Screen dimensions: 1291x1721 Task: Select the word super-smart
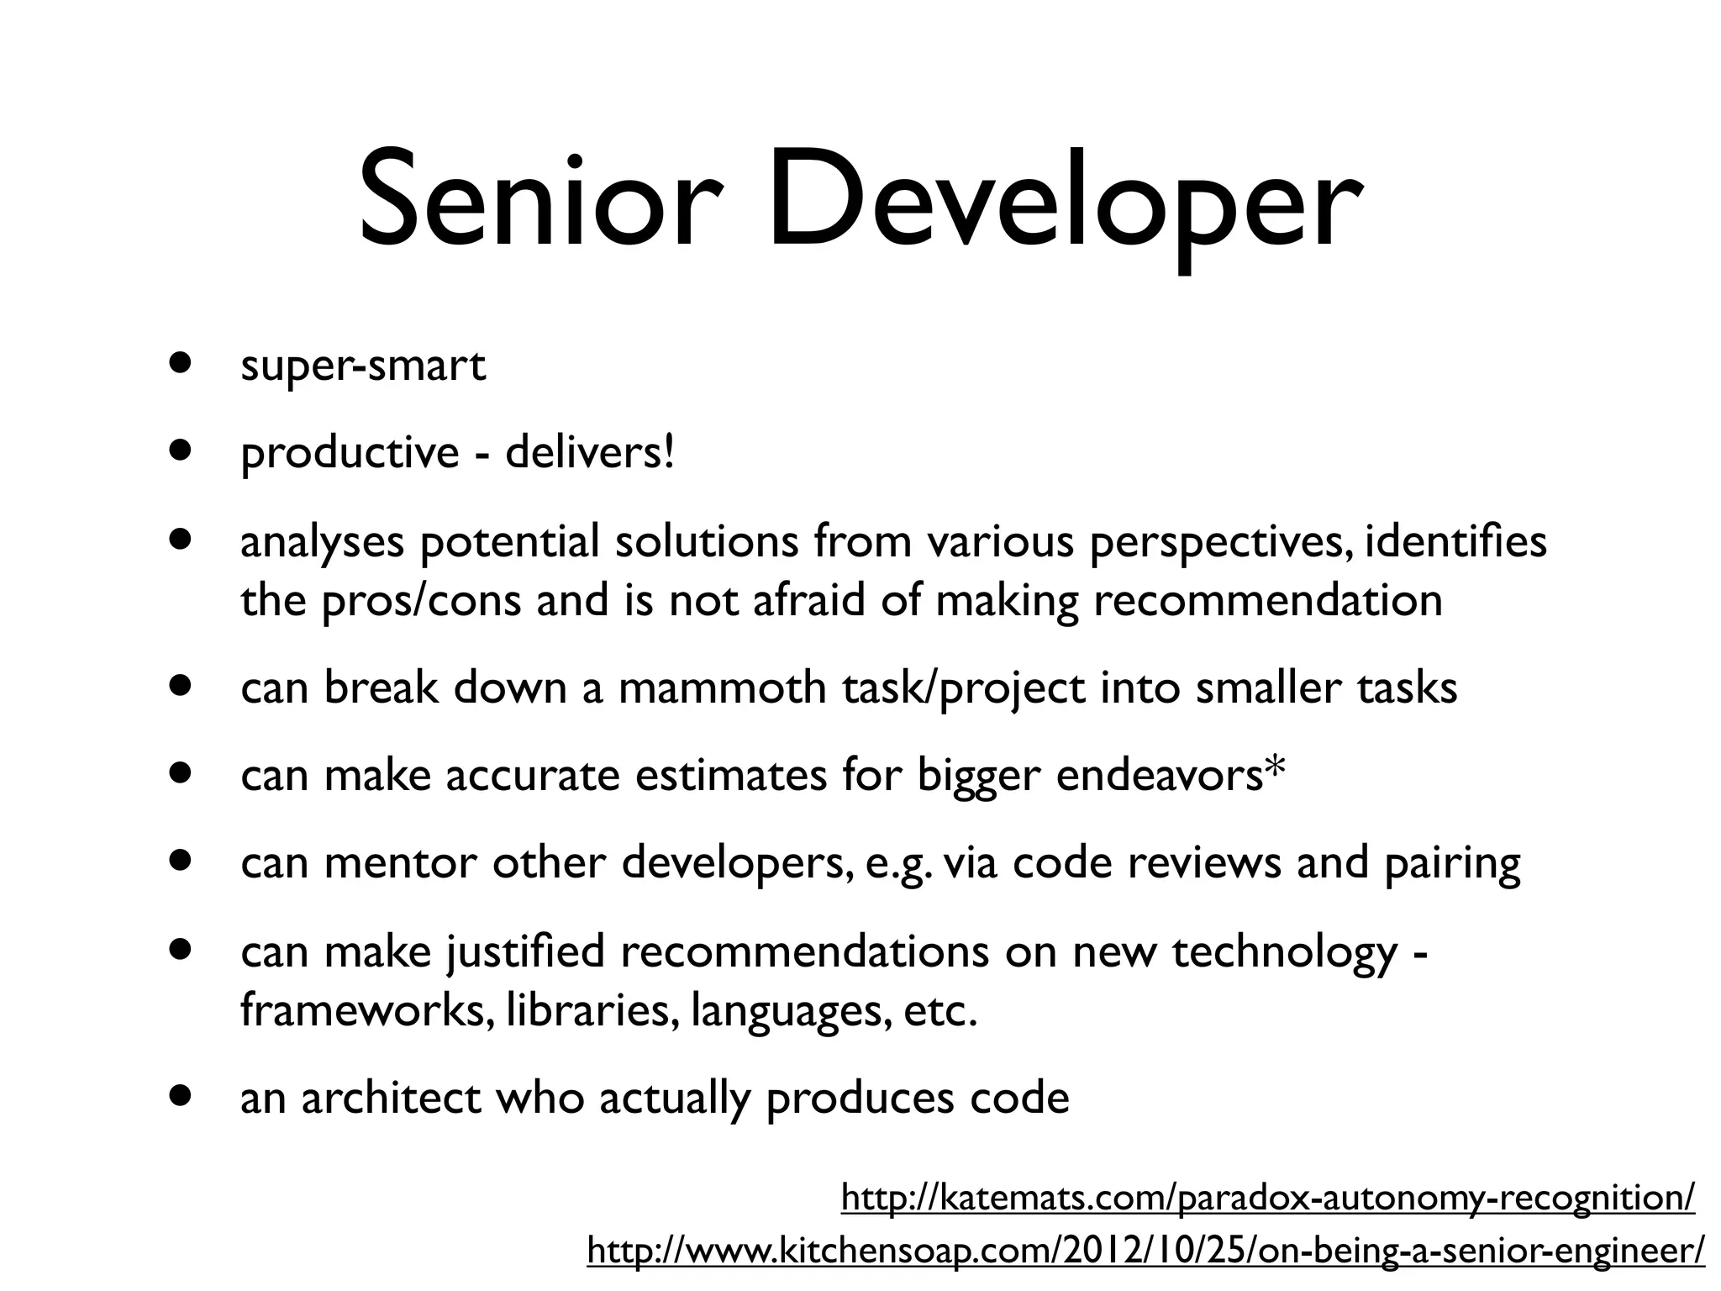pyautogui.click(x=363, y=366)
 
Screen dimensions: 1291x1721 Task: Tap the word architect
pyautogui.click(x=391, y=1099)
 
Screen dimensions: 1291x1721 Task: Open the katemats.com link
pyautogui.click(x=1267, y=1197)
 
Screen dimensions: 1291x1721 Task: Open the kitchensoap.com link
pyautogui.click(x=1145, y=1250)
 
